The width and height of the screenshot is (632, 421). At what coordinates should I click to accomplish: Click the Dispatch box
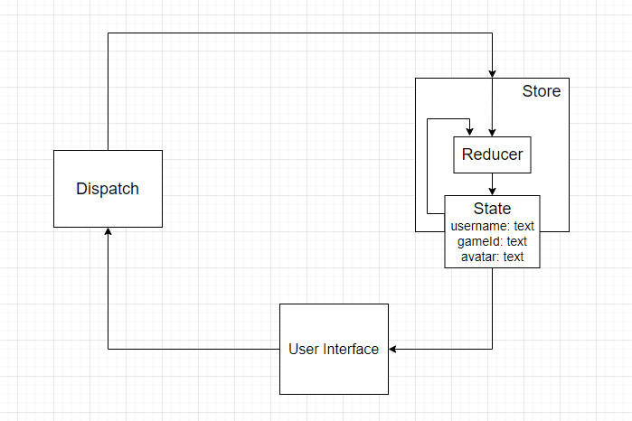pyautogui.click(x=108, y=189)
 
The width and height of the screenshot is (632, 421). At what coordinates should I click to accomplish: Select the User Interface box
pyautogui.click(x=334, y=349)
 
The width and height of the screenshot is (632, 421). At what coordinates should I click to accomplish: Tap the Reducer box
pyautogui.click(x=492, y=154)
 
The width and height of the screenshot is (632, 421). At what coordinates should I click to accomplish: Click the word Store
pyautogui.click(x=541, y=91)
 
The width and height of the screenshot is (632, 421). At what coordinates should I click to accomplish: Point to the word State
pyautogui.click(x=492, y=209)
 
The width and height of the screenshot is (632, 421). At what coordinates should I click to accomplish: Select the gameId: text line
pyautogui.click(x=492, y=241)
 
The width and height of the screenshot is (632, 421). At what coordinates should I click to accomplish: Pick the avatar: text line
pyautogui.click(x=492, y=257)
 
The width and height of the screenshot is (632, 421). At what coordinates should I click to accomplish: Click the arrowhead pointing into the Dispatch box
pyautogui.click(x=108, y=232)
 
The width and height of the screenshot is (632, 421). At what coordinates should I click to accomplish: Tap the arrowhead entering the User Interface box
pyautogui.click(x=393, y=349)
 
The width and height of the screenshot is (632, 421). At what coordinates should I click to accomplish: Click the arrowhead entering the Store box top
pyautogui.click(x=492, y=73)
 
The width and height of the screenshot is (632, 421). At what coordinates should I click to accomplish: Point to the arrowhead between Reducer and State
pyautogui.click(x=492, y=191)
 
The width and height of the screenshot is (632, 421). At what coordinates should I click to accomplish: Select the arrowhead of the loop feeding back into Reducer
pyautogui.click(x=469, y=132)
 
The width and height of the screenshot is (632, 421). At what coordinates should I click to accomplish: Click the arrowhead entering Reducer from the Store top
pyautogui.click(x=492, y=132)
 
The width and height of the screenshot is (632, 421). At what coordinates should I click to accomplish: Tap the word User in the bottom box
pyautogui.click(x=304, y=349)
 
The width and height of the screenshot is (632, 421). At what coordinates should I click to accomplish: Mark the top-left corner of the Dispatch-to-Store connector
pyautogui.click(x=108, y=33)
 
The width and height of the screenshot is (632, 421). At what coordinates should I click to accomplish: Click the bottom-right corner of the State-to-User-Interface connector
pyautogui.click(x=492, y=349)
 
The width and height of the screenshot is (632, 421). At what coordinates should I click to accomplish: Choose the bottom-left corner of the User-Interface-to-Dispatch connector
pyautogui.click(x=108, y=349)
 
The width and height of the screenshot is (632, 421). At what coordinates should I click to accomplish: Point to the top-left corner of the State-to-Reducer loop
pyautogui.click(x=429, y=118)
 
